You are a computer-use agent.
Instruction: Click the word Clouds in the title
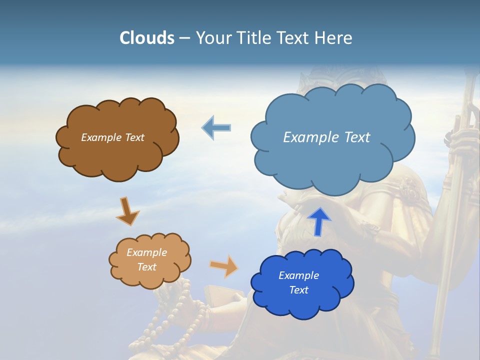point(147,38)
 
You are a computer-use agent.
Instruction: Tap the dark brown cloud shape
point(117,160)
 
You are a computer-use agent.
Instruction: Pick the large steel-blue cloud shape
point(332,165)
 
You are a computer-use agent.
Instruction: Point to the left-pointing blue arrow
point(216,128)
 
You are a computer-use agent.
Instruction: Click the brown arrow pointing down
point(126,211)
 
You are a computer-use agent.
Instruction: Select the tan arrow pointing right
point(224,266)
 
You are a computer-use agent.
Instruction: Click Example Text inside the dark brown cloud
point(112,137)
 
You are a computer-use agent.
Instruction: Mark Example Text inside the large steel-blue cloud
point(326,137)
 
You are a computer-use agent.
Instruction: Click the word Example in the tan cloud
point(146,252)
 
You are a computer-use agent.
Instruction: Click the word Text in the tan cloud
point(146,267)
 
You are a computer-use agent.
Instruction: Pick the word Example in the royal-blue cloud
point(298,275)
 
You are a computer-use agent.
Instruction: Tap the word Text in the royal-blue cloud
point(298,290)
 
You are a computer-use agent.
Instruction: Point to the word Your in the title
point(211,38)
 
